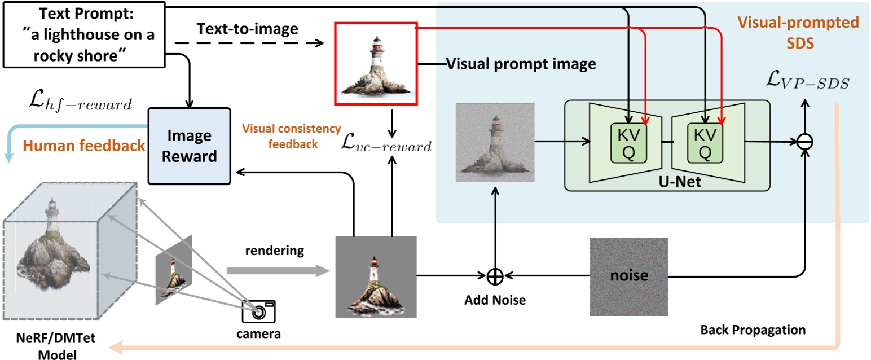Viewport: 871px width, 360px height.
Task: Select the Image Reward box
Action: click(x=189, y=146)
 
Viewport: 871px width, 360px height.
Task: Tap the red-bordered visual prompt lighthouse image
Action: click(x=376, y=64)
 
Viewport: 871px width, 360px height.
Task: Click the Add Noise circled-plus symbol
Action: click(x=495, y=276)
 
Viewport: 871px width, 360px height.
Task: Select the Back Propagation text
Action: click(x=753, y=329)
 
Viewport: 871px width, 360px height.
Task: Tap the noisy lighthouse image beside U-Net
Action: click(x=495, y=143)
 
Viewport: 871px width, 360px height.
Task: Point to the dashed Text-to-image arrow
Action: click(x=248, y=43)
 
